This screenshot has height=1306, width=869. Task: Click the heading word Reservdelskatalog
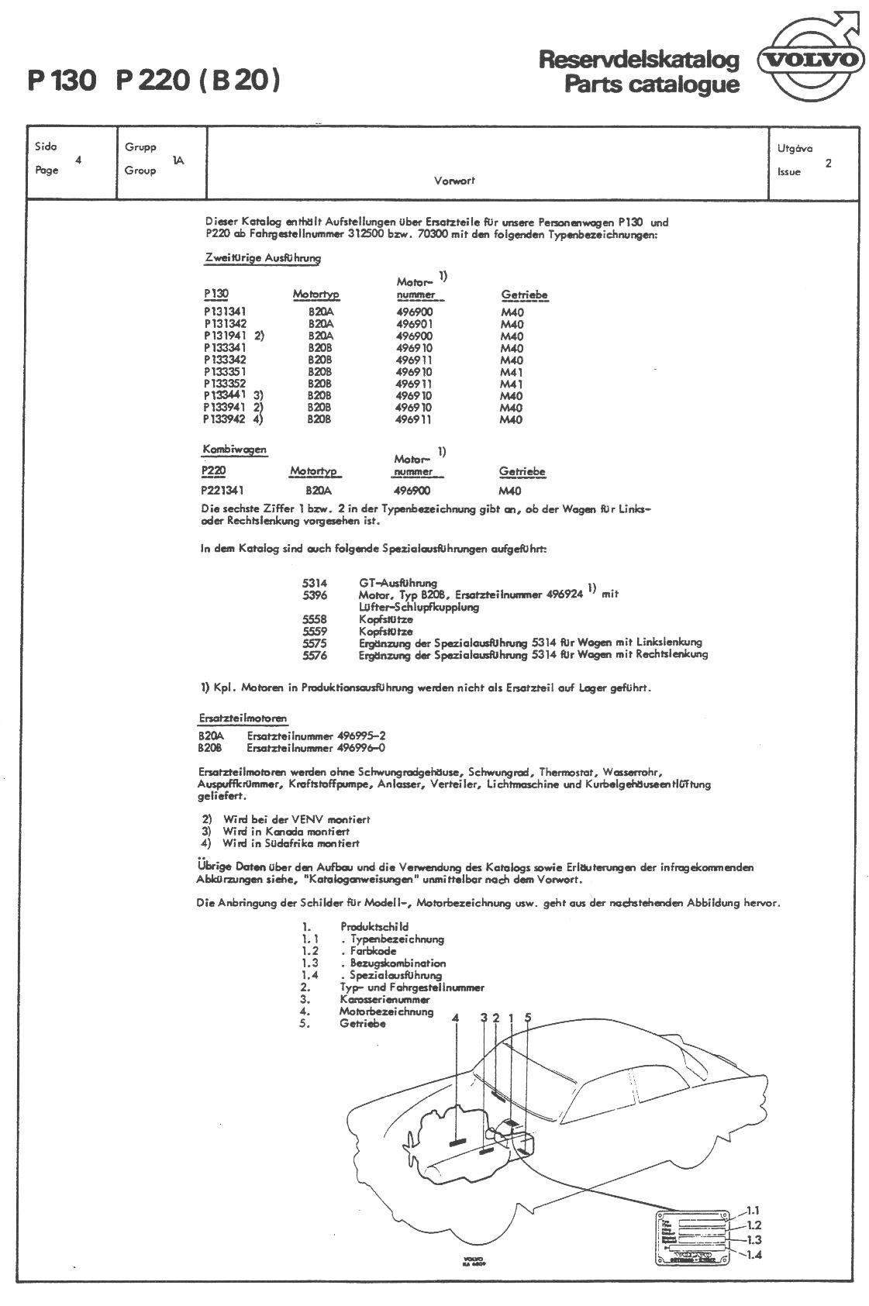638,60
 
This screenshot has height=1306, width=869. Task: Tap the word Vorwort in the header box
454,181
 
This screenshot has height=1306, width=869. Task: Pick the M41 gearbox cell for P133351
512,372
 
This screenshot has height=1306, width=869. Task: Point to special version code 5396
315,595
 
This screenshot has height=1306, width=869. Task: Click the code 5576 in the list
315,655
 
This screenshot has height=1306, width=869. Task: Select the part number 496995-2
361,736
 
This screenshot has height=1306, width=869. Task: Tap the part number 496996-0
361,748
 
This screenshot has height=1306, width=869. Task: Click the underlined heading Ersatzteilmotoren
243,718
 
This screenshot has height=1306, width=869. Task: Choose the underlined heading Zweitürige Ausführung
263,258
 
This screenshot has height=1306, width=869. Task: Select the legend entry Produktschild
374,927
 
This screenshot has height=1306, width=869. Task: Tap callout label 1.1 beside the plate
753,1211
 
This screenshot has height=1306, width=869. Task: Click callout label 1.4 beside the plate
753,1256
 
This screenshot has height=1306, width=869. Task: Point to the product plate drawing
695,1237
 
